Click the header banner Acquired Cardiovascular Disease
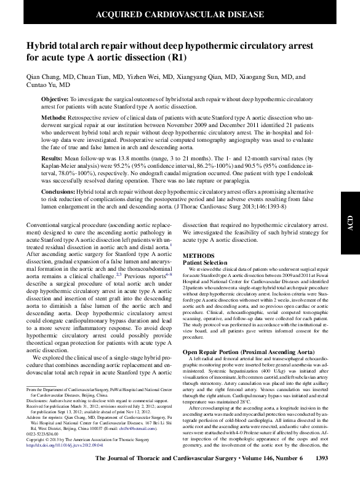click(180, 13)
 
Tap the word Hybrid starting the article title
click(42, 46)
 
